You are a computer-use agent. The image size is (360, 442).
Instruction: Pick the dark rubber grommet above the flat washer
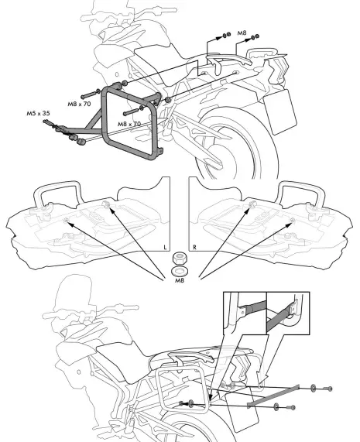pyautogui.click(x=180, y=258)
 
